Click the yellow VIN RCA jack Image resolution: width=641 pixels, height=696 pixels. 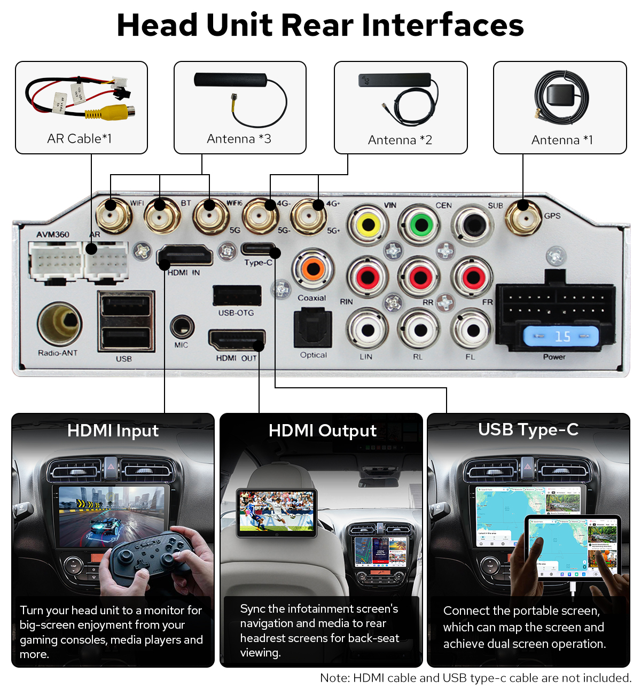(368, 225)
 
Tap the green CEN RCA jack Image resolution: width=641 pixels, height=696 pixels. (421, 224)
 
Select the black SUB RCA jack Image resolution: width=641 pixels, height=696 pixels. (473, 225)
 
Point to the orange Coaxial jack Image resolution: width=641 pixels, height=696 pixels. (313, 269)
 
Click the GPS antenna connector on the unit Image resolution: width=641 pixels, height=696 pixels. (523, 216)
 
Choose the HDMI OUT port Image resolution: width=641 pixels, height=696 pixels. (237, 340)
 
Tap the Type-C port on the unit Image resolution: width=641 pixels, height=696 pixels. (259, 249)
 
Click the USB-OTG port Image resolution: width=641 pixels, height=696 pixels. (237, 295)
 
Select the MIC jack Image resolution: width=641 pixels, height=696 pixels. (182, 326)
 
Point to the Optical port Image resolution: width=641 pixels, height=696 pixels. (313, 329)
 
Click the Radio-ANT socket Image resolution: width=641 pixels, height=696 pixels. (59, 323)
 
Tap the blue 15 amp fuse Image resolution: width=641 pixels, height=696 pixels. (561, 337)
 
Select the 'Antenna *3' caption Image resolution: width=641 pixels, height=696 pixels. (239, 139)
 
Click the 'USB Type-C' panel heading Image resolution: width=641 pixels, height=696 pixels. (528, 429)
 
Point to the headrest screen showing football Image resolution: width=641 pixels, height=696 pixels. (276, 512)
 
